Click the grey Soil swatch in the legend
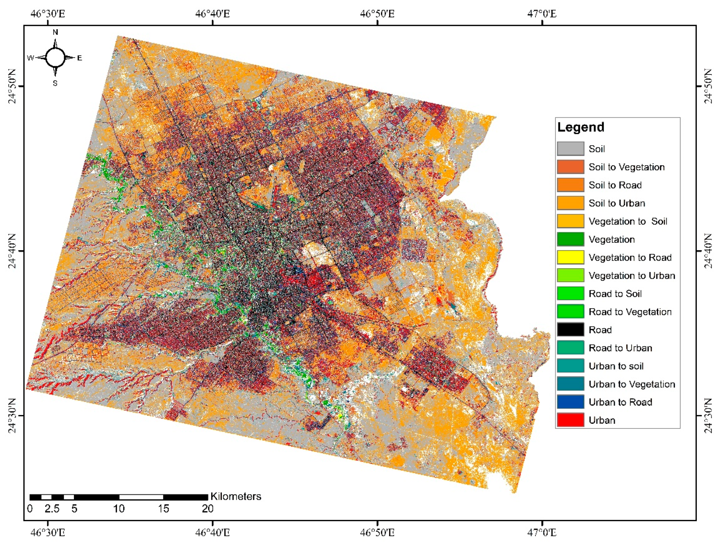point(570,149)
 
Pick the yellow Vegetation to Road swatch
point(570,257)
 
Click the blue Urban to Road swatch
point(570,402)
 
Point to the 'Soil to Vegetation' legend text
point(626,167)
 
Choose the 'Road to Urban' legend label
point(620,348)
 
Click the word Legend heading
point(580,127)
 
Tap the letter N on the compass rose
point(55,32)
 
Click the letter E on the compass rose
point(80,58)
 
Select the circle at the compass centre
point(55,57)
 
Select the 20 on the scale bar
point(207,509)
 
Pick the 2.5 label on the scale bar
point(52,509)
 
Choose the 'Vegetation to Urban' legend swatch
point(570,275)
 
